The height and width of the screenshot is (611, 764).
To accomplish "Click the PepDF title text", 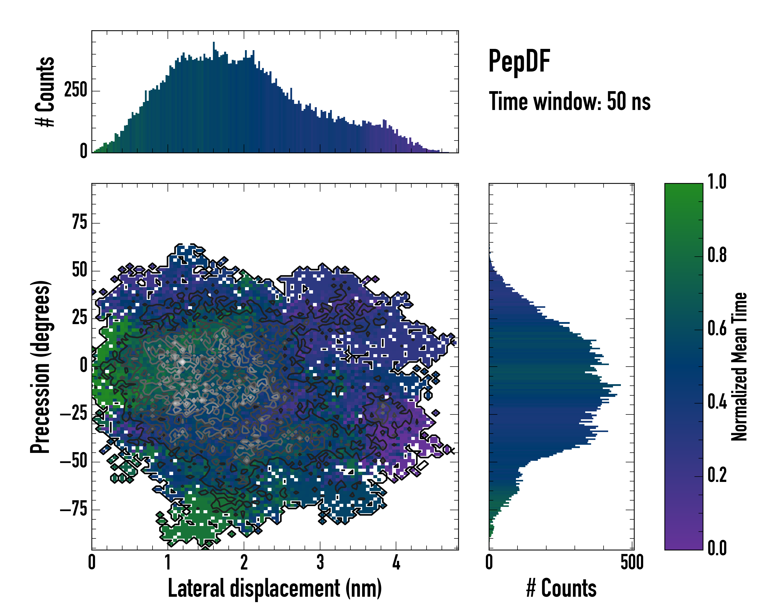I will pos(519,61).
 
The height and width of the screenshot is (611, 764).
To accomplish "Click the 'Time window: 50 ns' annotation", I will pos(569,102).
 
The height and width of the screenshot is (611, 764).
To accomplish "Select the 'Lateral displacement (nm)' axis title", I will pos(275,588).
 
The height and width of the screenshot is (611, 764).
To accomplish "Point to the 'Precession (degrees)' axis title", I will pos(40,367).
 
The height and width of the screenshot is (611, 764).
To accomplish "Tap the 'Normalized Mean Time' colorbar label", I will pos(739,367).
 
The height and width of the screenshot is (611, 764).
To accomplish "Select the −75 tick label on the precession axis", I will pos(73,509).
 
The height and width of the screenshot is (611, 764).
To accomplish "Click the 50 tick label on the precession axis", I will pos(79,271).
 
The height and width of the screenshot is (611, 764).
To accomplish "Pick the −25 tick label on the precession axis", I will pos(73,414).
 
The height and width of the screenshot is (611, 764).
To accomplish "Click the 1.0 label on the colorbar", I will pos(717,182).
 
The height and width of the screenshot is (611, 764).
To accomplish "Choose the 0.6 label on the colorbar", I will pos(717,329).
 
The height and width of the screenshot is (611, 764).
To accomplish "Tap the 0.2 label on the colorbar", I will pos(717,475).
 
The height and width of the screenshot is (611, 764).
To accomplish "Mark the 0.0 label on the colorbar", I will pos(717,548).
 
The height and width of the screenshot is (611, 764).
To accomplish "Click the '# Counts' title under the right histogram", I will pos(561,588).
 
